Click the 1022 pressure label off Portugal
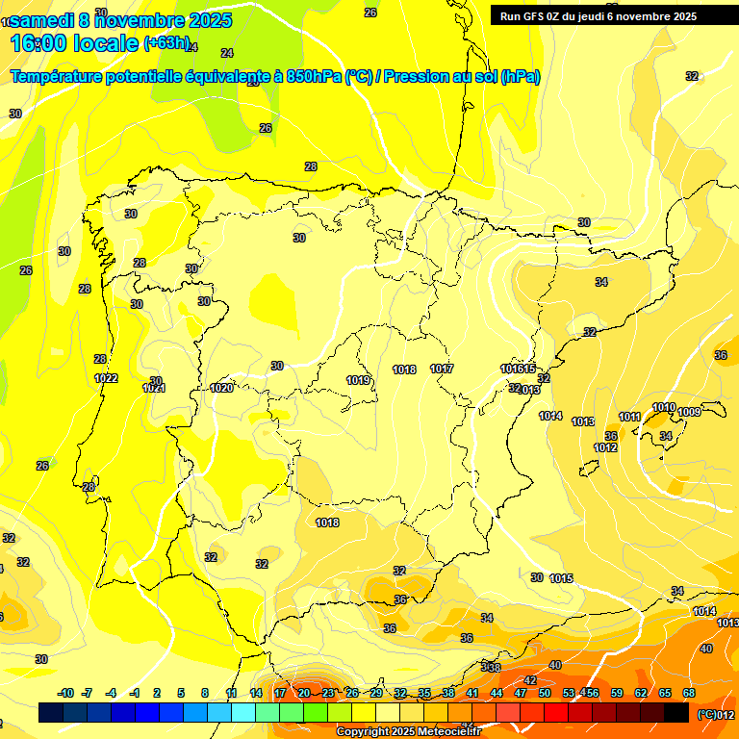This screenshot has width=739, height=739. click(106, 378)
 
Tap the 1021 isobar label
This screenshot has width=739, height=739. click(154, 388)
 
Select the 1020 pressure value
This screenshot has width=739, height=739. click(221, 388)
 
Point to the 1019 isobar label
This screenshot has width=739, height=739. click(359, 380)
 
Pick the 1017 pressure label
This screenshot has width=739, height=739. click(443, 369)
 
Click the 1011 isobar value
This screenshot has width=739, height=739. click(630, 417)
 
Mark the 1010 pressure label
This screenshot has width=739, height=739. click(664, 408)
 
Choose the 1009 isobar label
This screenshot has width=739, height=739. click(689, 412)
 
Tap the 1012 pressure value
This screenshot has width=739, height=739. click(605, 447)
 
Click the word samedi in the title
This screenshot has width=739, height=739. click(43, 19)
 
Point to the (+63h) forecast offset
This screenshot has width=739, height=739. click(167, 42)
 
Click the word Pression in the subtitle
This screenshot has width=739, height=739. click(414, 76)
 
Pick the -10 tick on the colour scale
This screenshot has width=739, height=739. click(65, 693)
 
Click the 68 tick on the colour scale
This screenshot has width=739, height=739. click(689, 693)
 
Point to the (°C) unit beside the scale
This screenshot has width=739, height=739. click(706, 713)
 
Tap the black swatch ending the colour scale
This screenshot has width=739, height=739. click(677, 713)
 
